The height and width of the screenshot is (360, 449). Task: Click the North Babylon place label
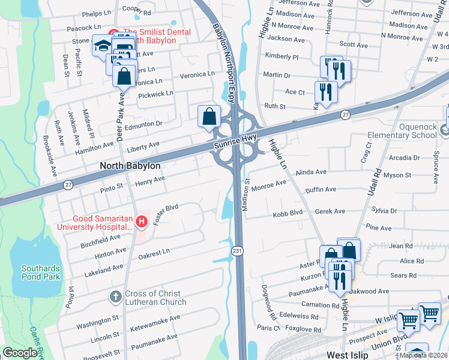pos(130,166)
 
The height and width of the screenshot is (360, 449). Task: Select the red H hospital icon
pos(142,222)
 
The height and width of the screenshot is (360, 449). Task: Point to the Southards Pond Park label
pos(41,272)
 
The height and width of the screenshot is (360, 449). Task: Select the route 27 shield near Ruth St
pos(345,113)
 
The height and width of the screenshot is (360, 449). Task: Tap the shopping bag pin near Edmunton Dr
pos(209,116)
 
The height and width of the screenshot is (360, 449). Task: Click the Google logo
pos(20,352)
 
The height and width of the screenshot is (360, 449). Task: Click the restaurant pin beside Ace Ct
pos(325,91)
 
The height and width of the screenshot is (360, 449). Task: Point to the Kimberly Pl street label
pos(282,56)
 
